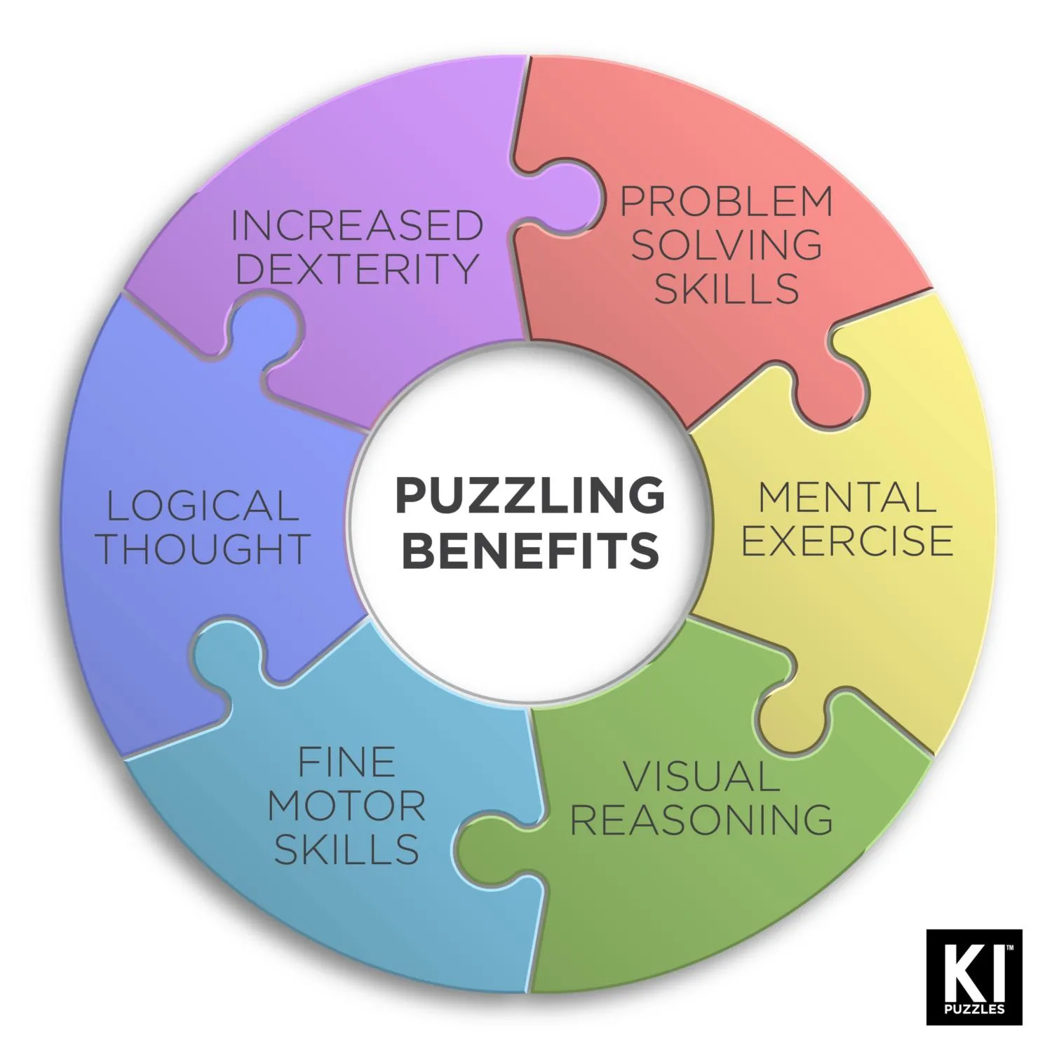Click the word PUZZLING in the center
coord(530,496)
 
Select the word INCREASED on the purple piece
coord(357,226)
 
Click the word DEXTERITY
coord(357,269)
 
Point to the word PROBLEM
coord(727,201)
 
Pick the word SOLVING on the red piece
coord(727,245)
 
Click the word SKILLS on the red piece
coord(727,288)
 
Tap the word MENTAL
coord(847,497)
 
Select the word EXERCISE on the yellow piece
coord(847,541)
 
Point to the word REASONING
coord(701,819)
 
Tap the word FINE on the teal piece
coord(346,762)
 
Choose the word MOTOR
coord(346,806)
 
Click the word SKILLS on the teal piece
coord(346,849)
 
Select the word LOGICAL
coord(203,506)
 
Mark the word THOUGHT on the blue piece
coord(203,549)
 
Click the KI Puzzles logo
coord(974,976)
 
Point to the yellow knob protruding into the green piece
coord(793,722)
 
